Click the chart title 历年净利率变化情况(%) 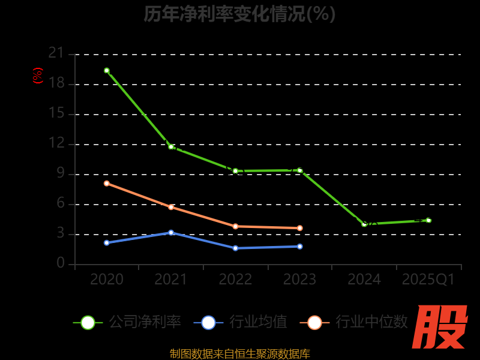click(x=239, y=14)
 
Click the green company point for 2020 click(x=107, y=70)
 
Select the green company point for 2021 click(x=171, y=146)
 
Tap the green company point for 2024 click(x=364, y=224)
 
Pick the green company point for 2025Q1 click(x=428, y=220)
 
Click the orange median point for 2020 click(x=107, y=183)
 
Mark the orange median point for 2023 click(x=300, y=228)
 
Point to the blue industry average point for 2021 click(x=171, y=232)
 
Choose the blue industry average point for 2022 click(x=235, y=248)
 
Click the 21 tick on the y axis click(x=56, y=53)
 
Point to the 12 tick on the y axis click(x=56, y=143)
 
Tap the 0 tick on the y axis click(x=61, y=263)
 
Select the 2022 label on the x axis click(x=235, y=280)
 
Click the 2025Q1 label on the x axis click(x=428, y=280)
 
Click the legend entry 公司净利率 click(x=127, y=322)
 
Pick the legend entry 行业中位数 click(x=358, y=322)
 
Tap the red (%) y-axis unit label click(x=38, y=76)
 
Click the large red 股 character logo click(x=441, y=327)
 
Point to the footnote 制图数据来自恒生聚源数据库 click(x=239, y=354)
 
